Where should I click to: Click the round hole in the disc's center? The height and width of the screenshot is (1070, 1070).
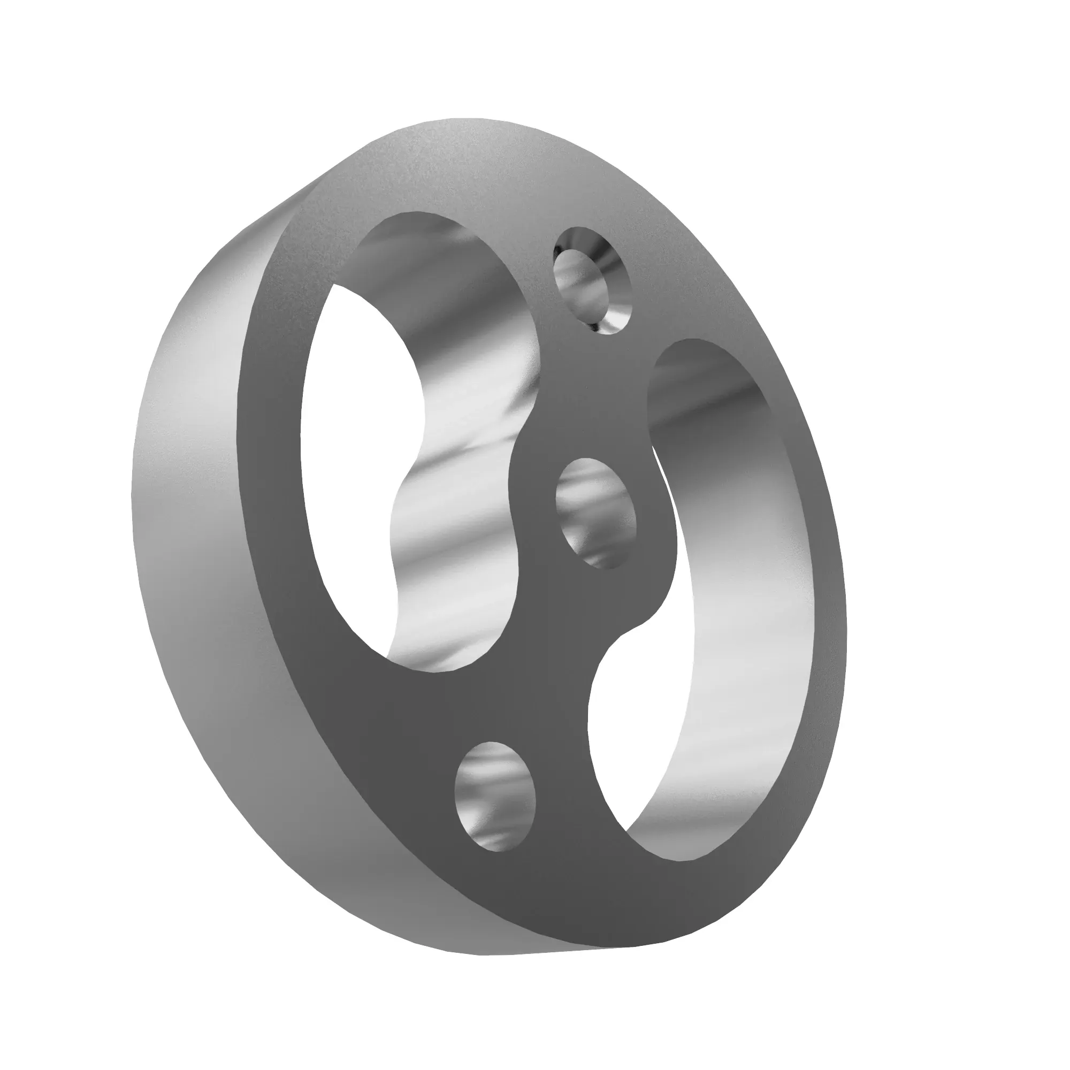pos(596,513)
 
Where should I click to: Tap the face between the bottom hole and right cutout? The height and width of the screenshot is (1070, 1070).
pos(560,775)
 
